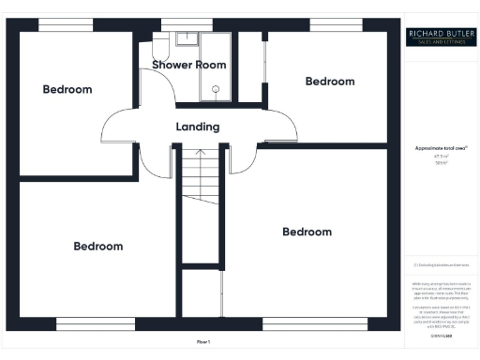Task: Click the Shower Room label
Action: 190,65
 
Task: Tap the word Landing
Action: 198,127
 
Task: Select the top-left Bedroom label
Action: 67,89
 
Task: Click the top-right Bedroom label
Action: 330,82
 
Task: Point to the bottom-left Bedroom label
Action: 98,246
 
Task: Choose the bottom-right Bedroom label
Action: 307,232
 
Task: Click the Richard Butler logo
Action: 440,37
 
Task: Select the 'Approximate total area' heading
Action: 440,149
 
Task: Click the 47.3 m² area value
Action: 440,157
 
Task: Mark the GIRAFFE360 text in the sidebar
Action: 440,335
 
